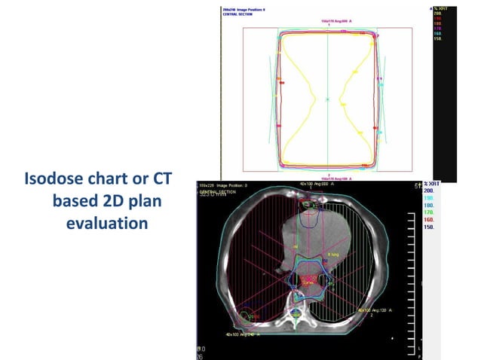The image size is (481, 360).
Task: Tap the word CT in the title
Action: [x=161, y=181]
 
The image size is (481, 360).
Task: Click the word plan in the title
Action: [x=156, y=203]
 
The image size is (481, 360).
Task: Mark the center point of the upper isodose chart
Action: [x=328, y=98]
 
